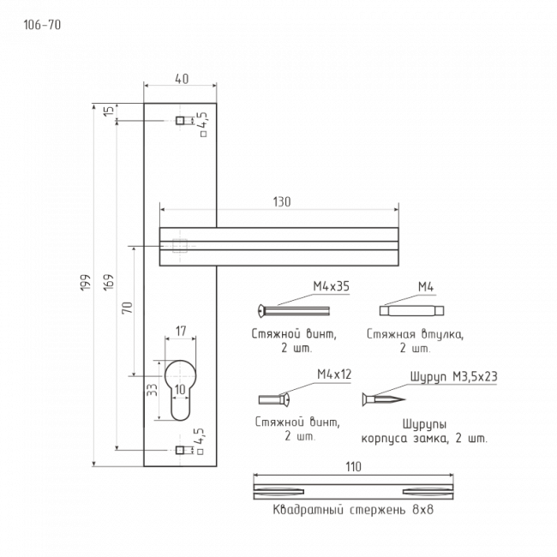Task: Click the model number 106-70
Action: coord(41,24)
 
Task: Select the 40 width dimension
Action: coord(181,79)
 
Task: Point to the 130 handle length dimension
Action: coord(281,202)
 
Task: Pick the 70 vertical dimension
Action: coord(127,308)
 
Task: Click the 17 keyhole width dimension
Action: coord(180,331)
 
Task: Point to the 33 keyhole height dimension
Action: coord(152,390)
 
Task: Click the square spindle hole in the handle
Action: coord(178,246)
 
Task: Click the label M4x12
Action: coord(334,374)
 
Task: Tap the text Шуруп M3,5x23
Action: coord(454,376)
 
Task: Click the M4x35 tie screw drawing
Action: coord(294,309)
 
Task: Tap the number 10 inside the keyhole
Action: coord(180,390)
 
